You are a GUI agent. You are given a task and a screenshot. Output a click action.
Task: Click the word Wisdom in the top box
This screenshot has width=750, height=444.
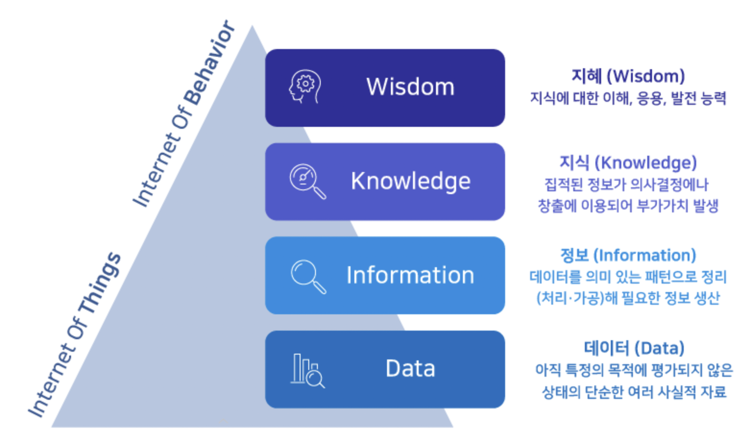(x=410, y=87)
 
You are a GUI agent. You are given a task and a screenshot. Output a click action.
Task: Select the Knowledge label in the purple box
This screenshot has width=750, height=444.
(x=411, y=181)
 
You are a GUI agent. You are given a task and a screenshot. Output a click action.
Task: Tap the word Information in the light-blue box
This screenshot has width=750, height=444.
(x=410, y=275)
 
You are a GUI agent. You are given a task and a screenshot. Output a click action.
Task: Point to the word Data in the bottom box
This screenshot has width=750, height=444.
(x=410, y=369)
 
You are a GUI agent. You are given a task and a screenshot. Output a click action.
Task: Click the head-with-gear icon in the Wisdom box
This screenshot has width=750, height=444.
(x=304, y=87)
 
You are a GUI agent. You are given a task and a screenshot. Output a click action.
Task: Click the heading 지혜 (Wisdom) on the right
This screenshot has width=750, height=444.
(x=628, y=76)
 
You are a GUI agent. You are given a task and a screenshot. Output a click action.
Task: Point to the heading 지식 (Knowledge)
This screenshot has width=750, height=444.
(x=628, y=162)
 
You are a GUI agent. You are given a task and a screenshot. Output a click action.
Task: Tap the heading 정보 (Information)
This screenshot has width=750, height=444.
(x=628, y=255)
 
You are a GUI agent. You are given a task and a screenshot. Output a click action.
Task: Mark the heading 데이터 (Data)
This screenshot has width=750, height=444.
(x=634, y=348)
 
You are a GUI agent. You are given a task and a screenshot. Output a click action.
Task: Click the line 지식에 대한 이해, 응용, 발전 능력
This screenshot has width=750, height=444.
(x=628, y=98)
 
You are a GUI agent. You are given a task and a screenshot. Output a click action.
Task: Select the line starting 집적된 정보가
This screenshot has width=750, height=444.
(x=627, y=184)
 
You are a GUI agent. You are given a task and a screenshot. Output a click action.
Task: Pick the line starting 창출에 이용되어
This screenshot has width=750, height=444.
(x=628, y=206)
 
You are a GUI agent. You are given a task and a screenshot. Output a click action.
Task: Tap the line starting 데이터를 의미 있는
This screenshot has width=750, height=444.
(x=628, y=277)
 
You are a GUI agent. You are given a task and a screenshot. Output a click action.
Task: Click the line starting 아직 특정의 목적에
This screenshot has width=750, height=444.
(x=634, y=370)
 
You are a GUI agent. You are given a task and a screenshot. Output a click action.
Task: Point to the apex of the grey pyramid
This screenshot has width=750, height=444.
(x=252, y=28)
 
